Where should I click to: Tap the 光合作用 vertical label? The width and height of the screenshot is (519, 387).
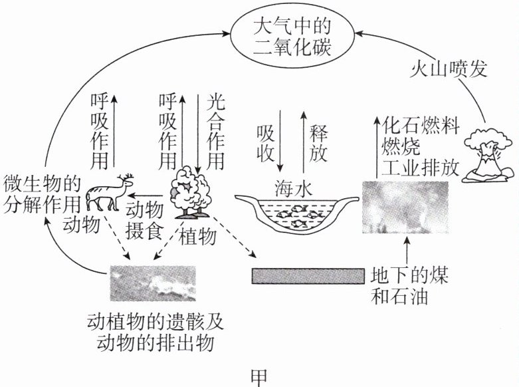(x=215, y=130)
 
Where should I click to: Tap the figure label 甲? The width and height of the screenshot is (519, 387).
(x=260, y=376)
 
